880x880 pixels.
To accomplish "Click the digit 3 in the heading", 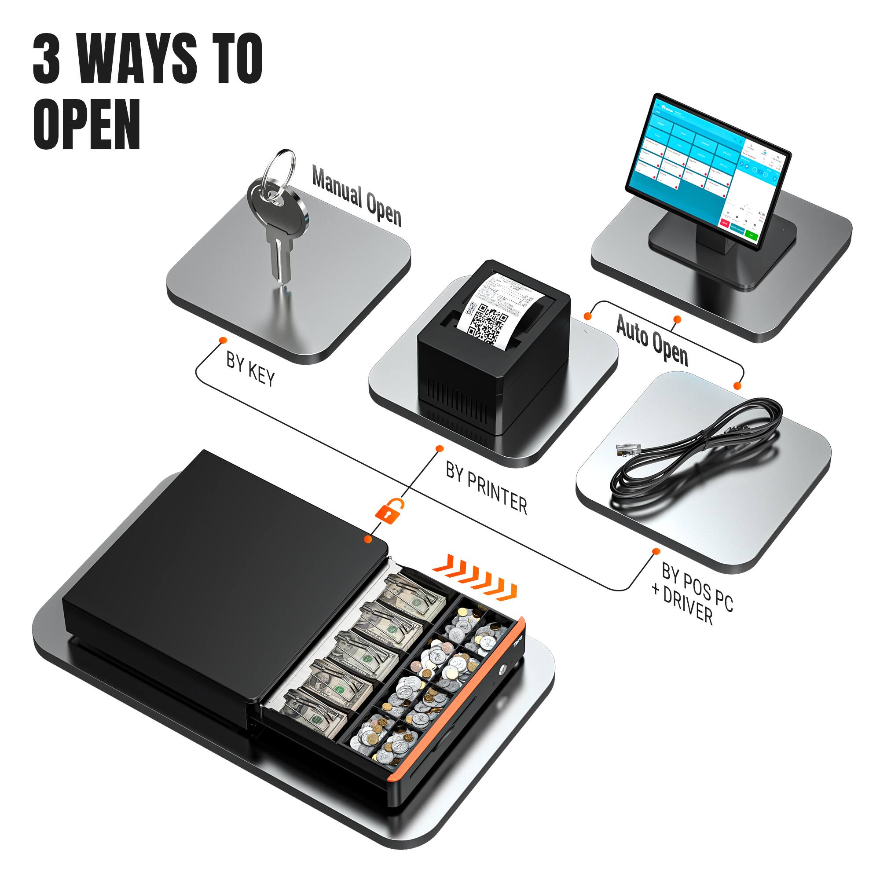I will click(x=47, y=59).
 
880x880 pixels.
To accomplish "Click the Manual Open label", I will click(x=357, y=196).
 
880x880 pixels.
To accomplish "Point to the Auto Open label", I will click(x=652, y=339).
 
